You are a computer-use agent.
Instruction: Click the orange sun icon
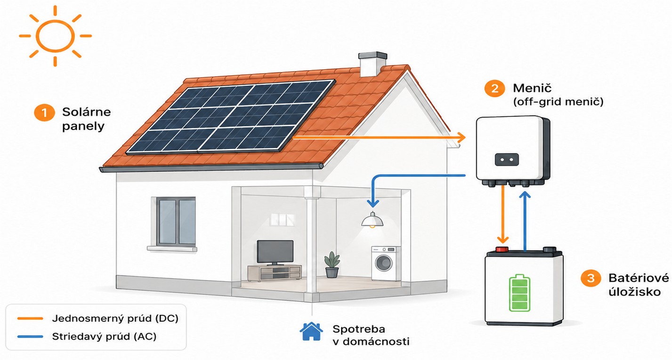click(x=55, y=36)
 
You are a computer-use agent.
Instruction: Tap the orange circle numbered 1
click(x=44, y=113)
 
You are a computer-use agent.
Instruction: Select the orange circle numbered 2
click(x=495, y=88)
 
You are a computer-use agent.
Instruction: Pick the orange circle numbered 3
click(x=591, y=278)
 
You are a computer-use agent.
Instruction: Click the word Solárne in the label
click(x=86, y=112)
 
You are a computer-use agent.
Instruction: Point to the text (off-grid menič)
click(x=558, y=102)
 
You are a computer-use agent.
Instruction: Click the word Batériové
click(x=639, y=278)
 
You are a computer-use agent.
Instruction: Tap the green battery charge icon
click(x=520, y=293)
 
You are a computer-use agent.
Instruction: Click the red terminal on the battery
click(x=502, y=249)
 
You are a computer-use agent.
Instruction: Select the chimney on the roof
click(x=372, y=64)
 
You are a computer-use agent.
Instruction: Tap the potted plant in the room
click(x=332, y=264)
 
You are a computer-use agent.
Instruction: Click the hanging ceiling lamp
click(x=372, y=220)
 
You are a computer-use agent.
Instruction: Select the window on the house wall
click(x=176, y=221)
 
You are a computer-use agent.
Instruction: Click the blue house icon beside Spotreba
click(x=311, y=331)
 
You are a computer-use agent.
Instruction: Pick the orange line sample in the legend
click(x=30, y=319)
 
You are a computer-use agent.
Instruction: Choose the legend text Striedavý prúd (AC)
click(x=105, y=336)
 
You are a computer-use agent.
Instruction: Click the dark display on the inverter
click(x=507, y=159)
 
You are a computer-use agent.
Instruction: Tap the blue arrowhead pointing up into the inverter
click(x=525, y=195)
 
